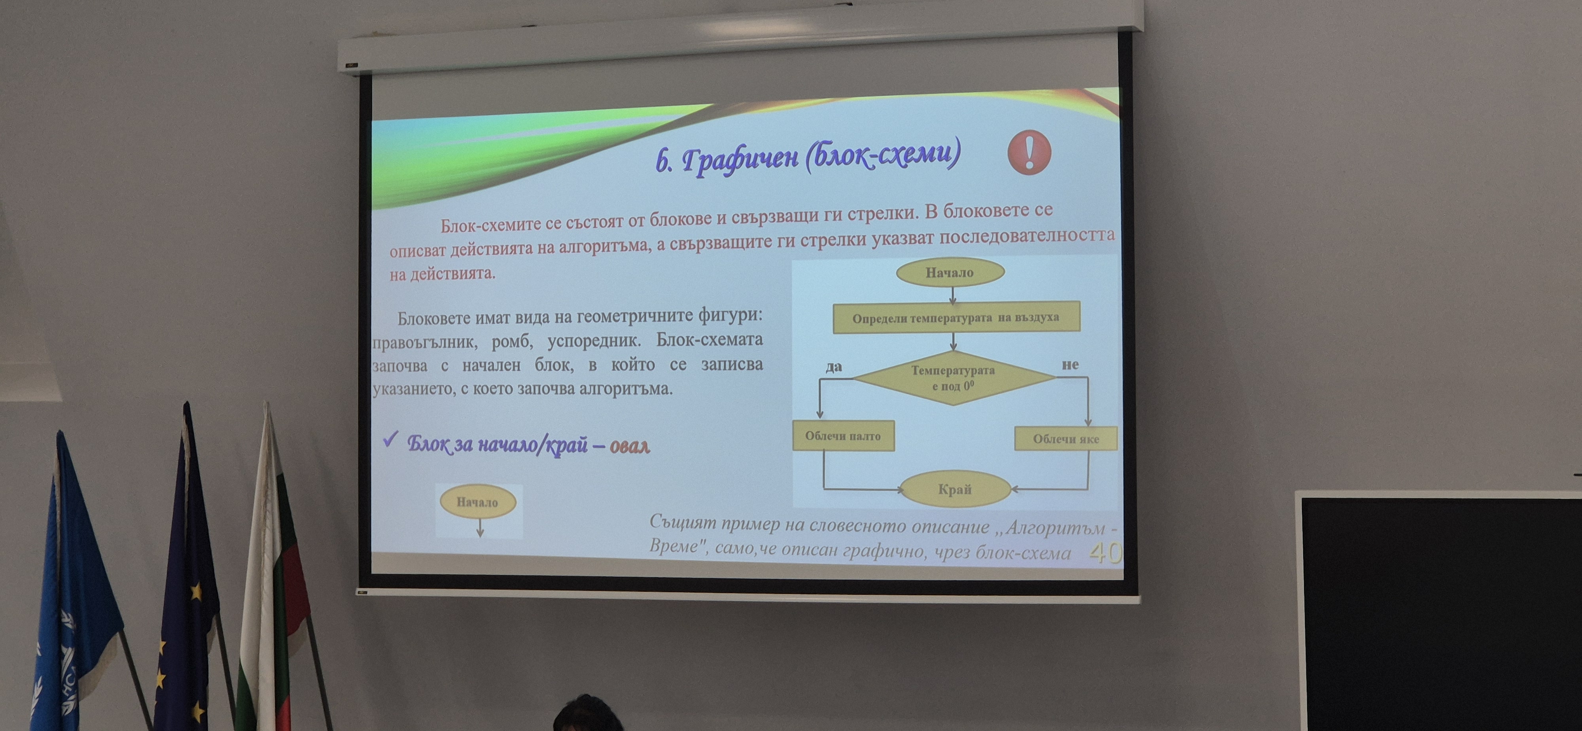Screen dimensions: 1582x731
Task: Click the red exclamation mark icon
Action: pyautogui.click(x=1029, y=152)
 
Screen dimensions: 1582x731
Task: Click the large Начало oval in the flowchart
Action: pyautogui.click(x=950, y=272)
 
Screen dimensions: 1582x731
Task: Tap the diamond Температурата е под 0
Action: pyautogui.click(x=954, y=378)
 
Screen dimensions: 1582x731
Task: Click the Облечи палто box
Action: pyautogui.click(x=843, y=436)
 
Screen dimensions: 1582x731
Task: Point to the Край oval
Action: pyautogui.click(x=955, y=489)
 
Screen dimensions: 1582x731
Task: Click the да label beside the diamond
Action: pyautogui.click(x=833, y=367)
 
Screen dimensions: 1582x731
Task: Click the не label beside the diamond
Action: pyautogui.click(x=1071, y=364)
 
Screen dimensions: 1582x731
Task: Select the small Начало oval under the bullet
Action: pyautogui.click(x=478, y=502)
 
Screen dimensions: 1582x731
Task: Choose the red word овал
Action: pyautogui.click(x=630, y=445)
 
